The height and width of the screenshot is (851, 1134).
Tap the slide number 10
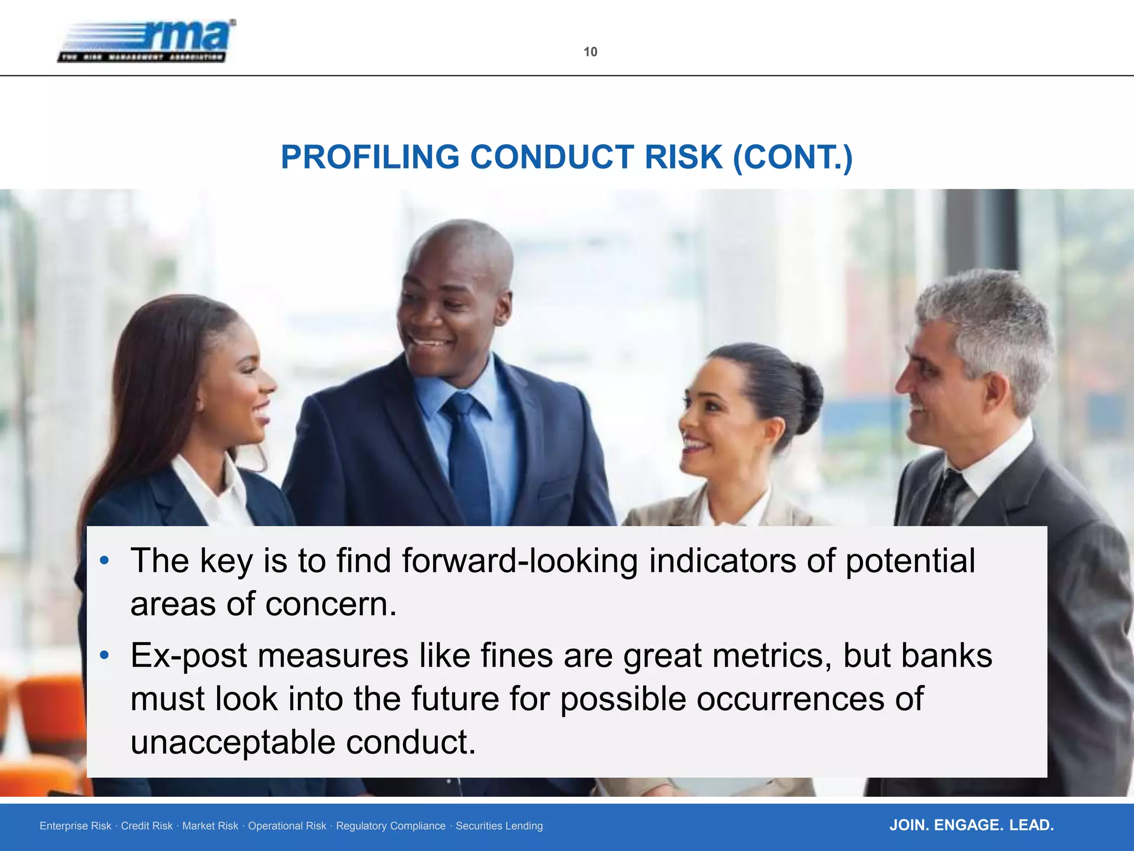[x=590, y=52]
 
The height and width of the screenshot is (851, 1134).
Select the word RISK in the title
[x=683, y=157]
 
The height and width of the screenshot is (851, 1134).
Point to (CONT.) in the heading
[x=792, y=157]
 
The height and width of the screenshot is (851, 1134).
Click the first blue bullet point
[x=104, y=561]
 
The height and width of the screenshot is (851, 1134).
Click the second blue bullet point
[x=104, y=656]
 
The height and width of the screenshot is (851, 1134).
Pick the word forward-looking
[x=519, y=561]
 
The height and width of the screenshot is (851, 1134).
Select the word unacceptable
[x=233, y=742]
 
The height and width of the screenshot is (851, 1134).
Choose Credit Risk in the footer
[x=147, y=826]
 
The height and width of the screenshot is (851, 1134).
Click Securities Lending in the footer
[x=499, y=826]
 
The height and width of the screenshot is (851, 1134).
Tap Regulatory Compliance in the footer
[x=390, y=826]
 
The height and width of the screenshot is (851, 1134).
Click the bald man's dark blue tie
[x=468, y=454]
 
